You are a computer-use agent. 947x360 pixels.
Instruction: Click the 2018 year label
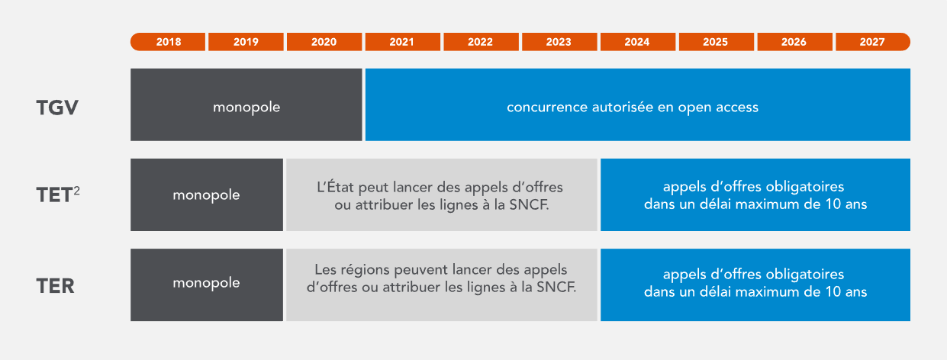pos(168,42)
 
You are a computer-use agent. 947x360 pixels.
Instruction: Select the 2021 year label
pos(401,42)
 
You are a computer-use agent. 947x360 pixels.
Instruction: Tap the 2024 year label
pos(637,42)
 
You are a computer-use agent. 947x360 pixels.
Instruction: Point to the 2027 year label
pos(872,42)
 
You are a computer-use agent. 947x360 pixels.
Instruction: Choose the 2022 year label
pos(480,42)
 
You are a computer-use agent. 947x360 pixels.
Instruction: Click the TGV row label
pos(57,108)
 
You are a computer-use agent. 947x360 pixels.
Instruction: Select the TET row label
pos(54,195)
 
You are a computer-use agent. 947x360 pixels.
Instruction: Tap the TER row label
pos(56,286)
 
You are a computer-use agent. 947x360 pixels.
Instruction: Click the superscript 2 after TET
pos(76,191)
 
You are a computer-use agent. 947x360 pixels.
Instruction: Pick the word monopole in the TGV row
pos(246,108)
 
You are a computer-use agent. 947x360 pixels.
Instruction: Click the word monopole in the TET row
pos(206,195)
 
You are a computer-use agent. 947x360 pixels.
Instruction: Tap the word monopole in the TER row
pos(206,283)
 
